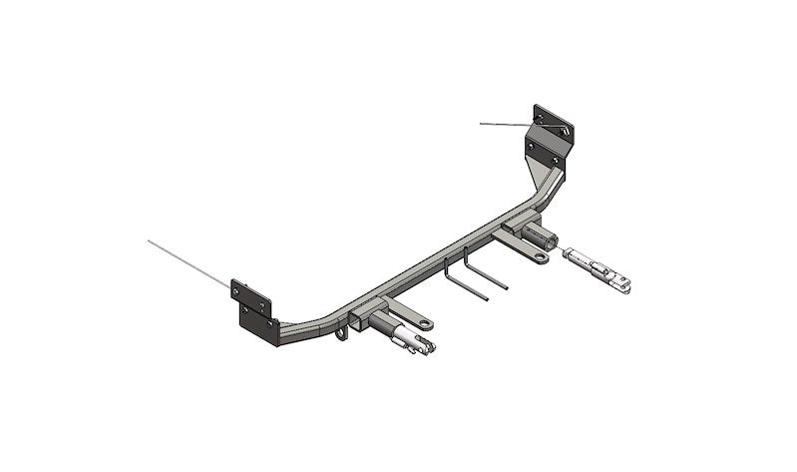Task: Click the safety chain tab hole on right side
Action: [x=540, y=257]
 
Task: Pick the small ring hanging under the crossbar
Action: [x=342, y=331]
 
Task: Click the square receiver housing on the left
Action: [x=367, y=306]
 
